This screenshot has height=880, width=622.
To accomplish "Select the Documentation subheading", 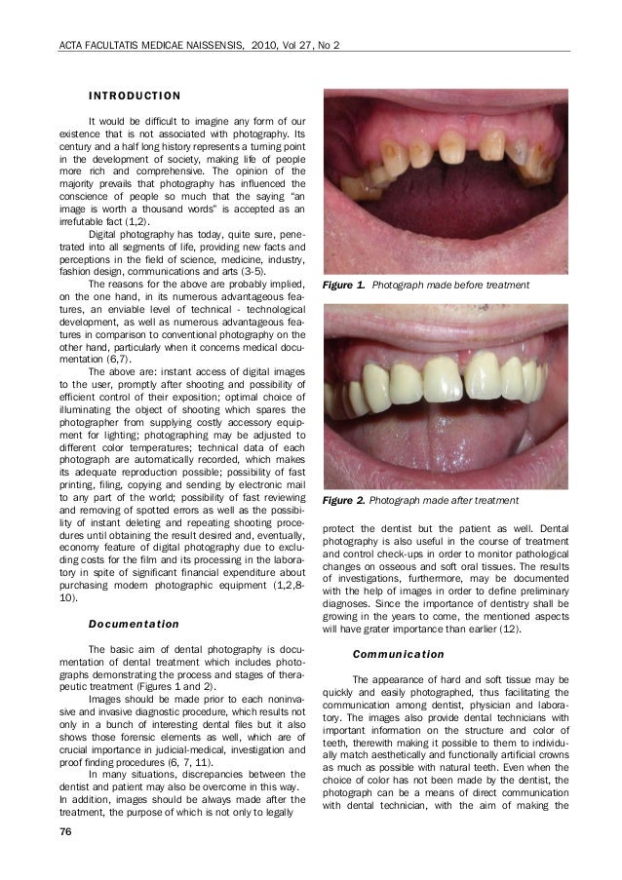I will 134,623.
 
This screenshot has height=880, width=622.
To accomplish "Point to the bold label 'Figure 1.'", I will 344,286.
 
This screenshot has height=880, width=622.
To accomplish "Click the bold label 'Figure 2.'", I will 345,500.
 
